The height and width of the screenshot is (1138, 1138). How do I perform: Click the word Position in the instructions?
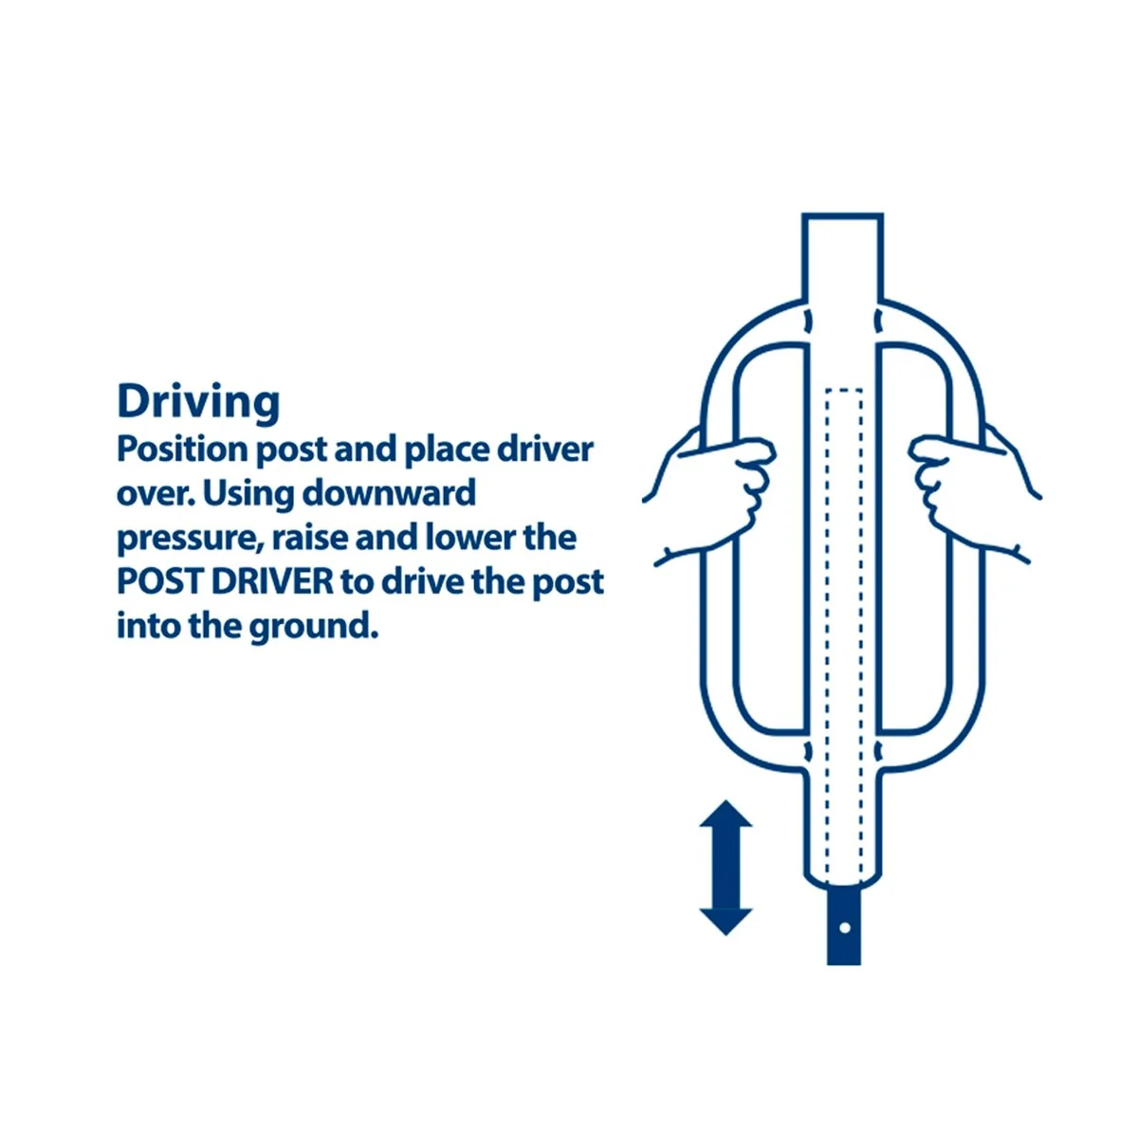coord(181,451)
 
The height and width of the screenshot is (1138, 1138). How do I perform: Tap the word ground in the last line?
coord(313,628)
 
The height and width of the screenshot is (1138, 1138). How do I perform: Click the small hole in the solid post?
coord(845,927)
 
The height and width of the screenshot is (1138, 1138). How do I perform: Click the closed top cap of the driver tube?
coord(842,216)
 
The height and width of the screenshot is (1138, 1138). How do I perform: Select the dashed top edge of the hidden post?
coord(844,389)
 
